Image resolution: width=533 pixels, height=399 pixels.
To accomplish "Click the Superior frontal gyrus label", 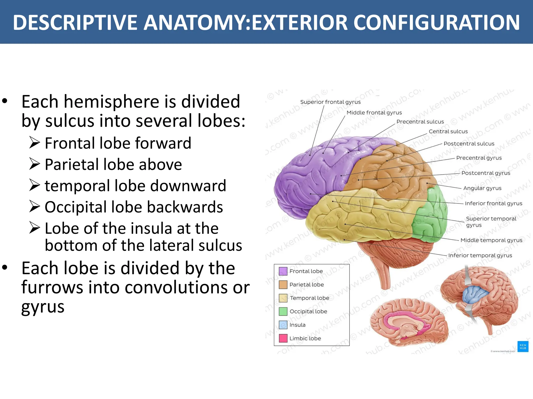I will pos(330,102).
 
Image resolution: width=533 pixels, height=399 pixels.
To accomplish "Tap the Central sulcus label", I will pos(448,131).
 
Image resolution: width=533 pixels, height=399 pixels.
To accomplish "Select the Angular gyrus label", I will pos(482,188).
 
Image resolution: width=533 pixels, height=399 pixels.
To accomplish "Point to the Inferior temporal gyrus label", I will pos(480,255).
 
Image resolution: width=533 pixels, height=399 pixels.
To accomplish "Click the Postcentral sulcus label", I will pos(469,144).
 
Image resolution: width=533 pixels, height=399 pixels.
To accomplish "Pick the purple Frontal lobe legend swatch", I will pos(283,271).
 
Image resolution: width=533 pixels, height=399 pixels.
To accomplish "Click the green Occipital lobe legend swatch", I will pos(283,311).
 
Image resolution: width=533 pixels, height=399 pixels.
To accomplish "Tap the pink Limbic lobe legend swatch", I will pos(283,338).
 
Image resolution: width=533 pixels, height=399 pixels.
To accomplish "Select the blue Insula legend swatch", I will pos(283,325).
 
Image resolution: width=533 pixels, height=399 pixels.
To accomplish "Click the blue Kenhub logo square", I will pos(523,347).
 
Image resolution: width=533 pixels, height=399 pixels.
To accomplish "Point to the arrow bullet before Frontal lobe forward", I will pos(34,143).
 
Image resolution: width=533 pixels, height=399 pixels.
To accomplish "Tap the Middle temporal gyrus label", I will pos(491,240).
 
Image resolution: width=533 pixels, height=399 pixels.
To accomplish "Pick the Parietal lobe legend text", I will pos(306,284).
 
